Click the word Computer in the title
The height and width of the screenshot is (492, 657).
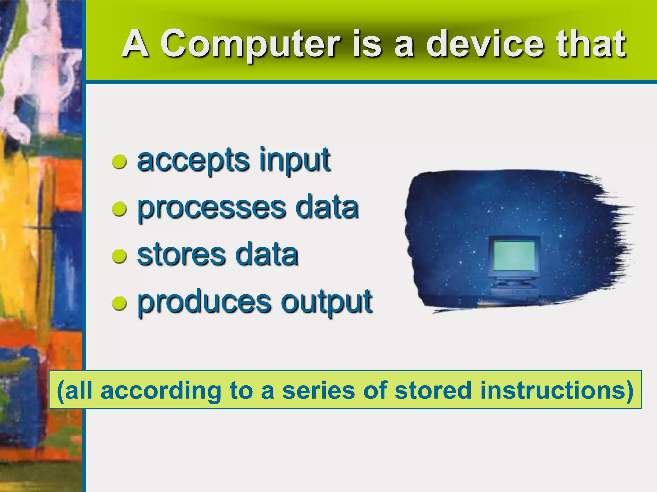pyautogui.click(x=250, y=44)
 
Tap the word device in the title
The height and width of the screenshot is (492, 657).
pyautogui.click(x=485, y=44)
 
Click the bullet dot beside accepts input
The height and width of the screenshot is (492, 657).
pyautogui.click(x=119, y=162)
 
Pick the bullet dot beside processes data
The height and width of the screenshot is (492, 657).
pyautogui.click(x=119, y=209)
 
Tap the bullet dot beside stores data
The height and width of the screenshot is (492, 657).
pyautogui.click(x=119, y=256)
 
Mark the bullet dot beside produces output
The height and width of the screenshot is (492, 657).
pyautogui.click(x=119, y=303)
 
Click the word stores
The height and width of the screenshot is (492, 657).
pyautogui.click(x=181, y=255)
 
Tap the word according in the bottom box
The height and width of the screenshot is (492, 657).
pyautogui.click(x=161, y=390)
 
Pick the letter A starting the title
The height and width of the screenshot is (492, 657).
pyautogui.click(x=135, y=44)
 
